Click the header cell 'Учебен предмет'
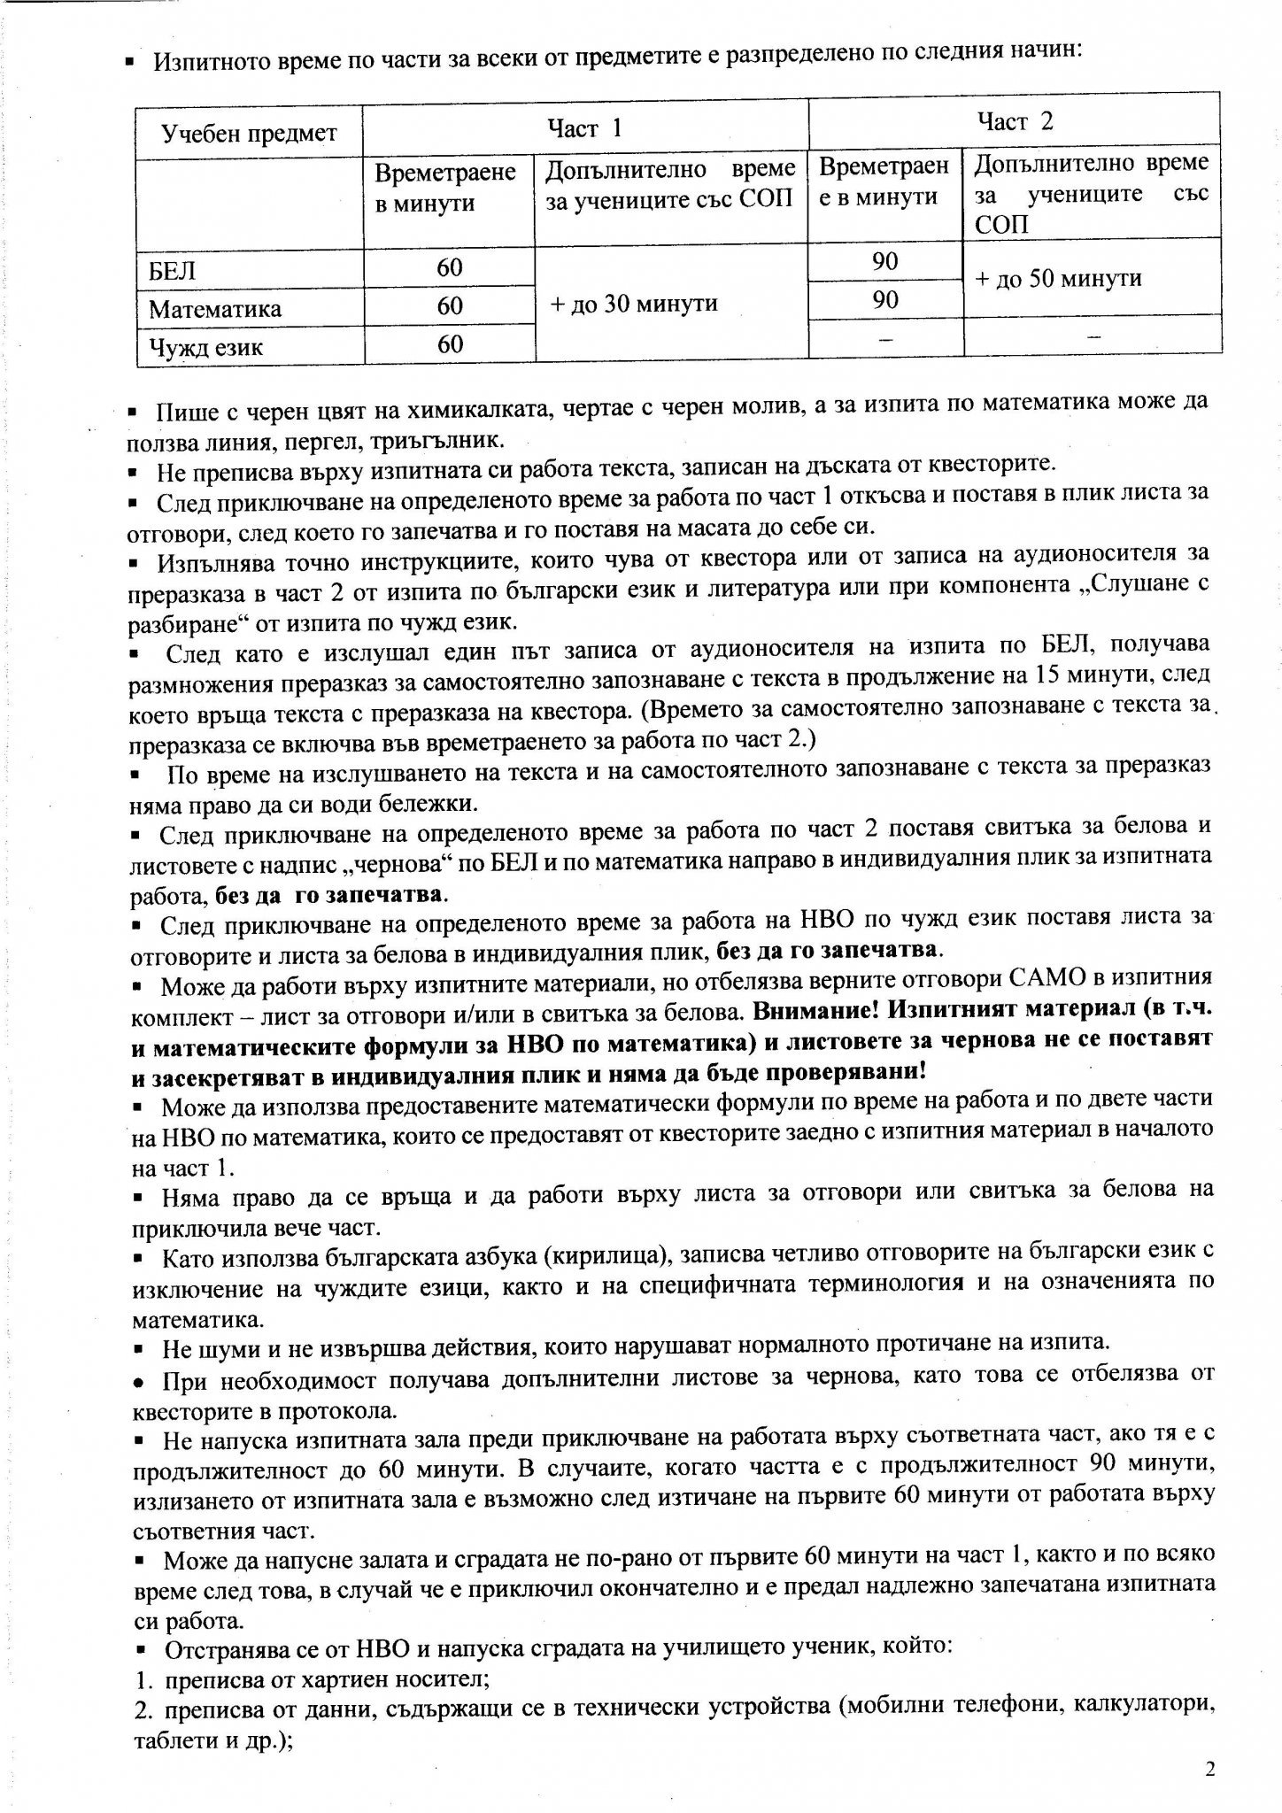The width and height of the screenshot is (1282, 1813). click(x=250, y=133)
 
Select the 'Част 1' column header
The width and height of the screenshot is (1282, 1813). click(x=584, y=128)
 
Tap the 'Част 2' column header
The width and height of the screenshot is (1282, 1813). click(x=1015, y=121)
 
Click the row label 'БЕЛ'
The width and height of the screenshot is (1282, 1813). click(x=173, y=269)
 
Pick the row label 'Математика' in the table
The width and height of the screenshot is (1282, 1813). click(x=215, y=309)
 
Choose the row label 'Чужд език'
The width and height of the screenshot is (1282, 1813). click(x=205, y=346)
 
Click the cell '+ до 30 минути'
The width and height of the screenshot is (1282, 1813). click(x=633, y=304)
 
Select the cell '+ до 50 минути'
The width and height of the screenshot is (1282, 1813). click(x=1058, y=278)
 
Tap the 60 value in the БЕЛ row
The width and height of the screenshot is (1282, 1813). click(x=450, y=267)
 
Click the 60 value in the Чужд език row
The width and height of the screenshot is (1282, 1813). click(x=450, y=343)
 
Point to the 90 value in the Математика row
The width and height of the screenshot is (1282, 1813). click(x=884, y=299)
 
